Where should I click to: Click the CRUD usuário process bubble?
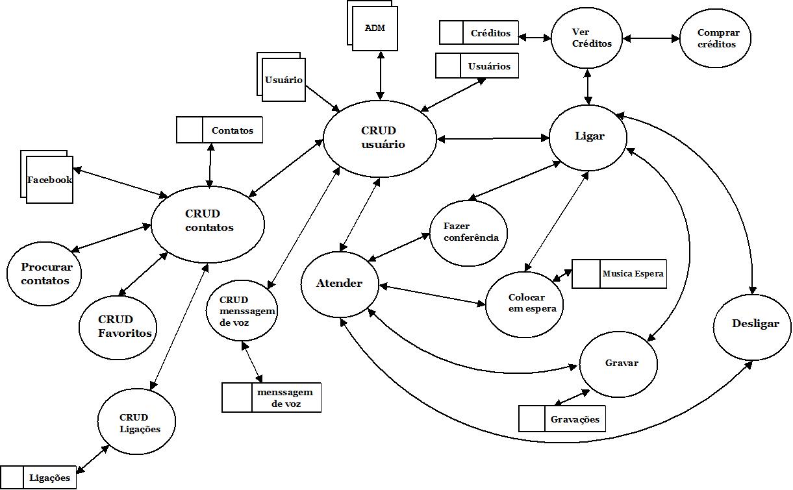point(380,138)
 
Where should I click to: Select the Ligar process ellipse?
point(588,137)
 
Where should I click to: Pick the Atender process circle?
point(339,284)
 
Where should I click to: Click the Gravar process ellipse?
point(618,363)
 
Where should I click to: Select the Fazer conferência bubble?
point(469,232)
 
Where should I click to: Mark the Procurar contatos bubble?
point(46,273)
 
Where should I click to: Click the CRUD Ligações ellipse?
point(136,423)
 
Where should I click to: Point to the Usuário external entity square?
point(284,80)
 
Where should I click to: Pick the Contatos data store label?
point(232,130)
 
